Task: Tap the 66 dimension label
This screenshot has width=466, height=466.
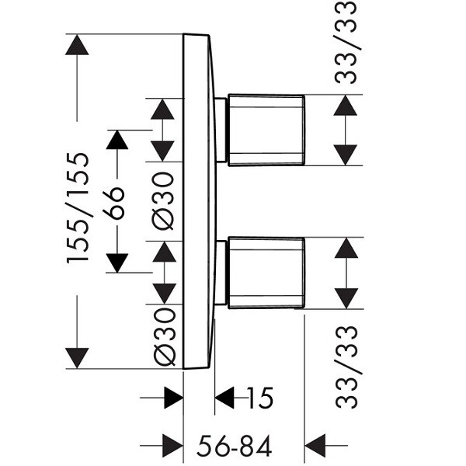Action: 116,204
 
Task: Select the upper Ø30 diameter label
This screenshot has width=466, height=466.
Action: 164,200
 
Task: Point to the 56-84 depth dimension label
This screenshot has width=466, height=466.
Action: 234,446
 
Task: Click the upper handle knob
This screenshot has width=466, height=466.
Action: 266,130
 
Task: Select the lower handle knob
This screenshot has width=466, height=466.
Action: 266,273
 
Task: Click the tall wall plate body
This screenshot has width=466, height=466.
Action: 198,202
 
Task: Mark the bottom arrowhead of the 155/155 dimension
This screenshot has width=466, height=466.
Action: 77,358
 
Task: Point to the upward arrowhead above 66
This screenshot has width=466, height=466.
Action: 116,140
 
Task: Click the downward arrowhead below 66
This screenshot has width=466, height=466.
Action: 116,263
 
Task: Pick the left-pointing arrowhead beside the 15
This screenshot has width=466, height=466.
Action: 224,398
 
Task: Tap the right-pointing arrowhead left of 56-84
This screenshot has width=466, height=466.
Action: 172,445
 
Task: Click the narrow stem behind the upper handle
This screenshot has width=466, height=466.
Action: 221,130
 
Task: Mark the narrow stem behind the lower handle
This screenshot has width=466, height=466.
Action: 221,273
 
